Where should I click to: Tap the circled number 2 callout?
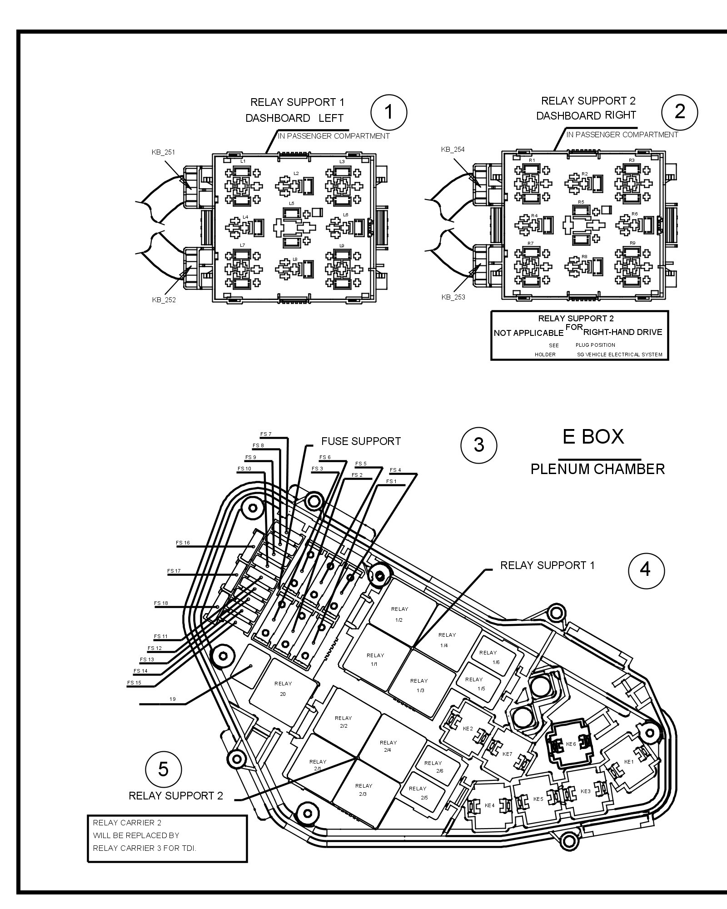coord(680,111)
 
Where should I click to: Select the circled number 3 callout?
coord(479,445)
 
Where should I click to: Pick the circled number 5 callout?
coord(163,769)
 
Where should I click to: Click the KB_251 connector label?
coord(163,152)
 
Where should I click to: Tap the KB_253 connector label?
coord(453,297)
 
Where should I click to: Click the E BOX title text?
coord(593,437)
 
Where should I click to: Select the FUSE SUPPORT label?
coord(361,441)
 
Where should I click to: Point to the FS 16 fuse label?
coord(183,543)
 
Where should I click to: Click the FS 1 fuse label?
coord(391,481)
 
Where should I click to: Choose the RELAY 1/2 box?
coord(400,614)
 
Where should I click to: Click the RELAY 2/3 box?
coord(363,789)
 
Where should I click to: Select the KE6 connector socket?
coord(571,744)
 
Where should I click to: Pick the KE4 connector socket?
coord(490,805)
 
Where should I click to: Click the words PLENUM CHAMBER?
coord(598,469)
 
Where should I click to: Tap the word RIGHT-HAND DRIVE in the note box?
coord(622,332)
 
